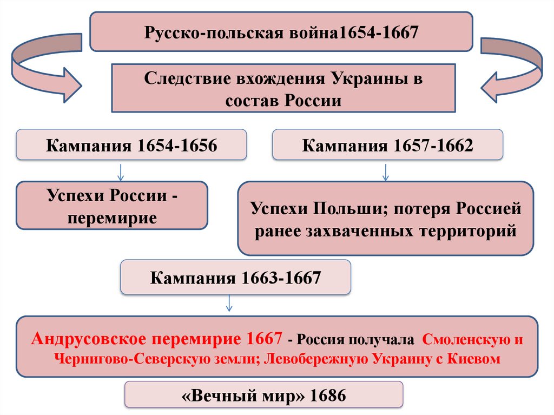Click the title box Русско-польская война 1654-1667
click(281, 32)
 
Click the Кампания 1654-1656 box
click(131, 146)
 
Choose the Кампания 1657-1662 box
click(387, 146)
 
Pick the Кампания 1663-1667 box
click(235, 278)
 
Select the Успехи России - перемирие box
click(111, 206)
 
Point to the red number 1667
click(264, 339)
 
